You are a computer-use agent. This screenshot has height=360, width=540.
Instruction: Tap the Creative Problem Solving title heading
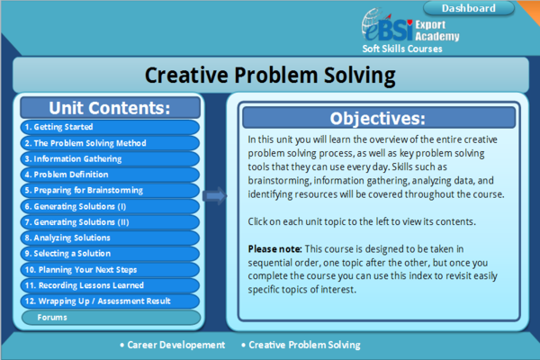click(269, 73)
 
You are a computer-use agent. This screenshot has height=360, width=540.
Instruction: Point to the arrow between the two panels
click(215, 195)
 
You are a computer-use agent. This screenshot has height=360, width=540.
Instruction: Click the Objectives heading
click(377, 118)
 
